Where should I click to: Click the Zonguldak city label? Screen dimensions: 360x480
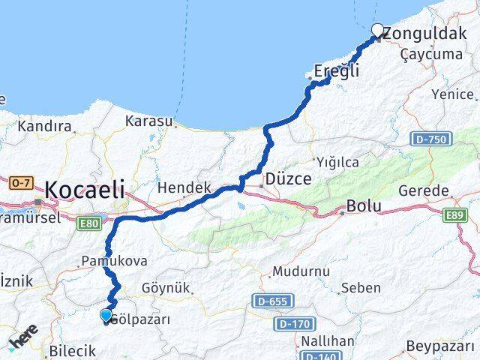426,33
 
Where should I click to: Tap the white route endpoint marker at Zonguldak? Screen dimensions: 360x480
378,31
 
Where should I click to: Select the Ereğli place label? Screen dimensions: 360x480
337,71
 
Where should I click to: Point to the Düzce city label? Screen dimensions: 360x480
289,180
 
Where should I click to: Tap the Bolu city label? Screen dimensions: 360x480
364,206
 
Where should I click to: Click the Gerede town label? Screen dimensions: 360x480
423,190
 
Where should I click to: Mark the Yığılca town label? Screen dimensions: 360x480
337,162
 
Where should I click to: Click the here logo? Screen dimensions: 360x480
22,341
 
